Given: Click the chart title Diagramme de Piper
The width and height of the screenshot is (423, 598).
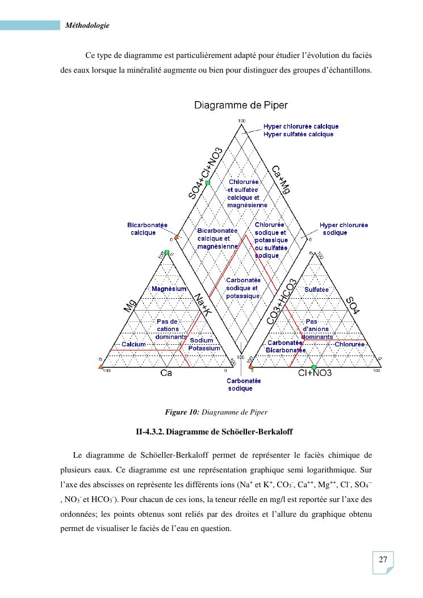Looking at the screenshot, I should pyautogui.click(x=241, y=105).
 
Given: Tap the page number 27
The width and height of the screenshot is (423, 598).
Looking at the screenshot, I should pyautogui.click(x=383, y=560).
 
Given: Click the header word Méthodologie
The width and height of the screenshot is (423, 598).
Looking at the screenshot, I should pyautogui.click(x=87, y=25).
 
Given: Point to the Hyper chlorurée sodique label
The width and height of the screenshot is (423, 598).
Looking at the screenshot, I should pyautogui.click(x=344, y=229).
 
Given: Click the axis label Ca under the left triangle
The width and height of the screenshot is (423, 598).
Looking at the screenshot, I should pyautogui.click(x=166, y=373).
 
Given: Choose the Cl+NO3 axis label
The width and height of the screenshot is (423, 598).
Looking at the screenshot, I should pyautogui.click(x=315, y=373).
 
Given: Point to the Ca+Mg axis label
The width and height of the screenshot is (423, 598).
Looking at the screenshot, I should pyautogui.click(x=280, y=180).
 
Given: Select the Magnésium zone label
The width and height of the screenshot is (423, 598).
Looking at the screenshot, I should pyautogui.click(x=169, y=289).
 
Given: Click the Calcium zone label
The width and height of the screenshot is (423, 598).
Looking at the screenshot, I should pyautogui.click(x=134, y=344).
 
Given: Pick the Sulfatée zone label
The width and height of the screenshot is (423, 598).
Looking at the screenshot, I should pyautogui.click(x=317, y=290).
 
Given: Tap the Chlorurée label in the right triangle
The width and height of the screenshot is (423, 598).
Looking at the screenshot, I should pyautogui.click(x=350, y=344).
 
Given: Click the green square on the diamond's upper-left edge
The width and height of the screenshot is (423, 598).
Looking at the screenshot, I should pyautogui.click(x=208, y=182).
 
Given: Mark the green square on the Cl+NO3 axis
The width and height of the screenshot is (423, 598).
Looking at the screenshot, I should pyautogui.click(x=314, y=367).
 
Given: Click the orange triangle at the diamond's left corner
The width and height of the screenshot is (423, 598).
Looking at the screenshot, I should pyautogui.click(x=177, y=237).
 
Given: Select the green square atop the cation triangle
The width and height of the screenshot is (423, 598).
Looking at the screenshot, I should pyautogui.click(x=167, y=252).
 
